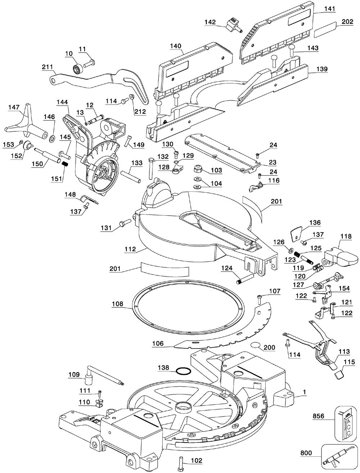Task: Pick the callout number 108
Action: [x=117, y=304]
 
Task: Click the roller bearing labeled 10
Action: [x=78, y=68]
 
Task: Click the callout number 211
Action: [x=48, y=67]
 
